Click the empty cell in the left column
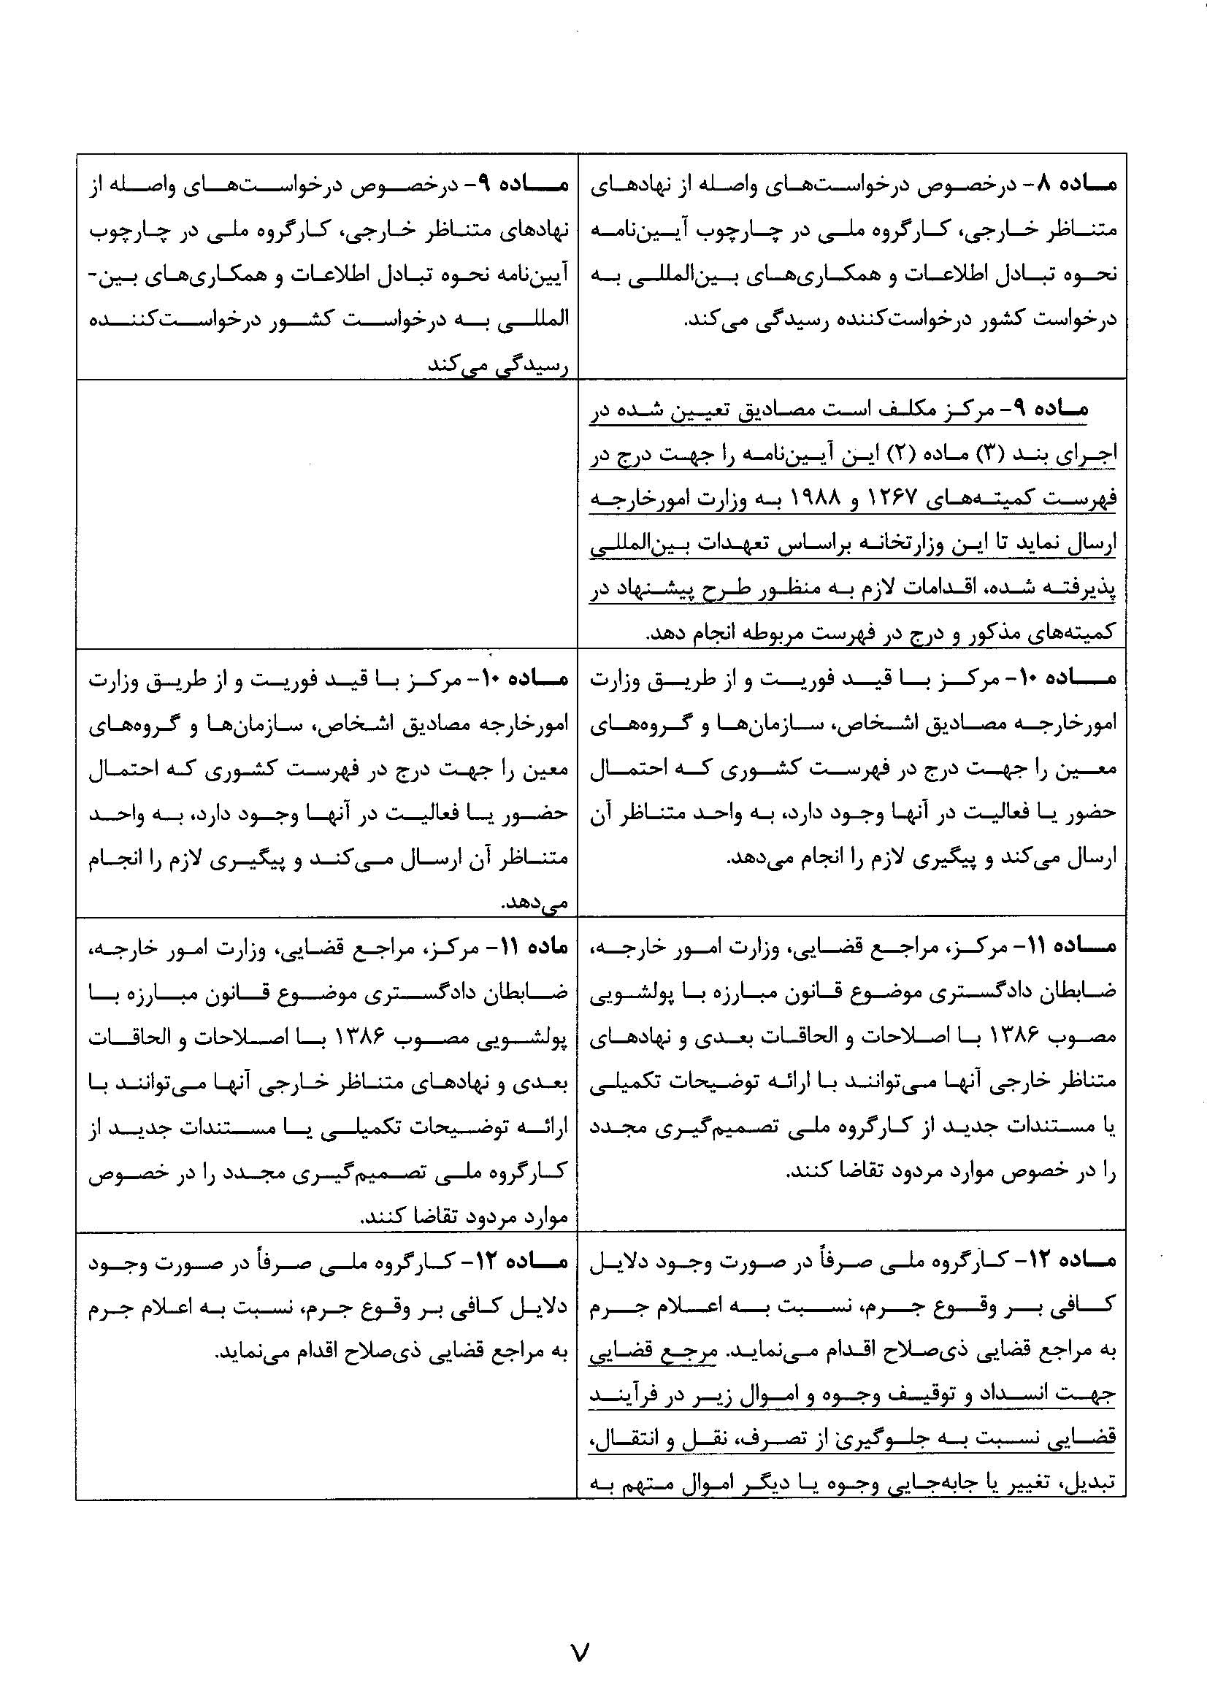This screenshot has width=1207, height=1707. click(x=327, y=513)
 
